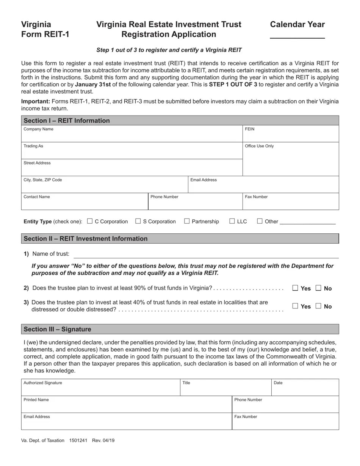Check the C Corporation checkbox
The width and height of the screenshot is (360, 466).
point(90,221)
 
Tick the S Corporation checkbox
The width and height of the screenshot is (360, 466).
point(138,221)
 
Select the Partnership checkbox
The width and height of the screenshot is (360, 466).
point(187,221)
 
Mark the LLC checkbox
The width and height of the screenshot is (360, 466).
point(232,221)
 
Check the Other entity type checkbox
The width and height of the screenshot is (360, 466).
point(260,221)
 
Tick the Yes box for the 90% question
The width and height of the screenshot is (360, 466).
point(295,288)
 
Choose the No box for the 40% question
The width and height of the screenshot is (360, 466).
point(318,306)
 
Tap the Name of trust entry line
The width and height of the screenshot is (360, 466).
point(206,254)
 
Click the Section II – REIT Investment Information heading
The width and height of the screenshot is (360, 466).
point(86,239)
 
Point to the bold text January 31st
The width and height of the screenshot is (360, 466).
point(93,84)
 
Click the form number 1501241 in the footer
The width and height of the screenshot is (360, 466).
point(78,441)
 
